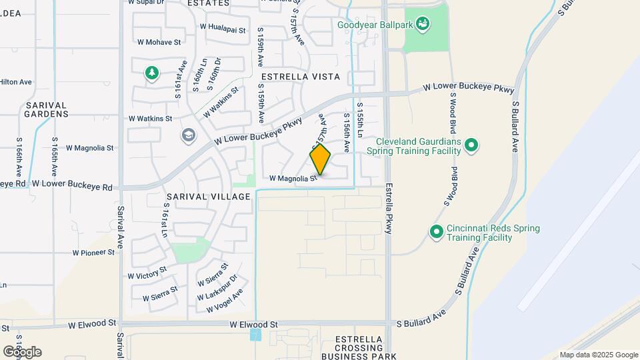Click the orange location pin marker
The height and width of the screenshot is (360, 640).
click(x=320, y=159)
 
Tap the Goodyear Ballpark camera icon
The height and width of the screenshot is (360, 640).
click(x=422, y=25)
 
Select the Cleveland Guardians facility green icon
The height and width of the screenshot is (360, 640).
click(x=471, y=145)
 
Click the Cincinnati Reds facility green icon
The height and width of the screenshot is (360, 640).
click(x=437, y=232)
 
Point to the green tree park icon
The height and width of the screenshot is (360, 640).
click(x=152, y=73)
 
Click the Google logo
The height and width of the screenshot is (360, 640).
click(x=21, y=352)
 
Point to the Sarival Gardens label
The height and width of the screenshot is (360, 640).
click(x=47, y=109)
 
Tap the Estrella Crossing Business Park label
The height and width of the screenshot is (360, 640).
click(x=359, y=348)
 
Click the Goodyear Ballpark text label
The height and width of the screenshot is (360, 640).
click(x=374, y=25)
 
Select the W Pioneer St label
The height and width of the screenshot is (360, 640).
click(x=94, y=253)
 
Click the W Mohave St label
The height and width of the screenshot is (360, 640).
click(x=159, y=42)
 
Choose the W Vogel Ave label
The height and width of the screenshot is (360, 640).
click(x=225, y=301)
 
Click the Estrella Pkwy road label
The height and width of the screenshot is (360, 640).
click(x=389, y=208)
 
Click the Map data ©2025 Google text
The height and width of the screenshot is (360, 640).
click(x=599, y=355)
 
